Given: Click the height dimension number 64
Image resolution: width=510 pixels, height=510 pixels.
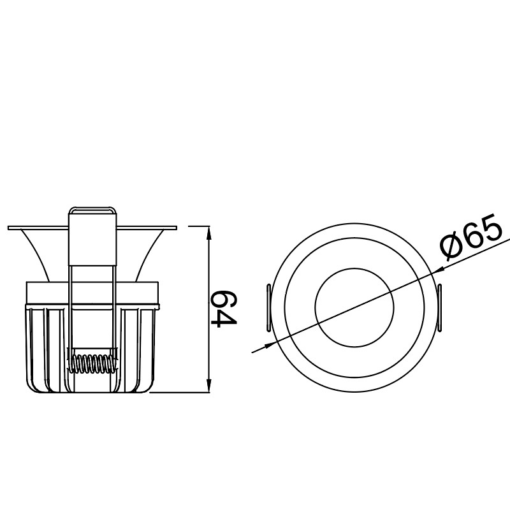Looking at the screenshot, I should pyautogui.click(x=223, y=309).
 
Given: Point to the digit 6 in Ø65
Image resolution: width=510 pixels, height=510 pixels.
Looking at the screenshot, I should pyautogui.click(x=472, y=237).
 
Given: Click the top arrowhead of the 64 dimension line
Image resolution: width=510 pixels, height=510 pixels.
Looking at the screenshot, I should pyautogui.click(x=210, y=230).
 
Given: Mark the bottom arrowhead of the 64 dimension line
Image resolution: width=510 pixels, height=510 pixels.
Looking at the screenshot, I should pyautogui.click(x=210, y=388).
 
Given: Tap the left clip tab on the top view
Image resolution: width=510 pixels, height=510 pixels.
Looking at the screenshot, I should pyautogui.click(x=268, y=308).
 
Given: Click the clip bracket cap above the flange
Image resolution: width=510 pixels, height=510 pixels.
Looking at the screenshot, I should pyautogui.click(x=92, y=210).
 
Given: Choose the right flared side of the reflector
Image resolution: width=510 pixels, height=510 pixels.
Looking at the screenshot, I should pyautogui.click(x=150, y=255).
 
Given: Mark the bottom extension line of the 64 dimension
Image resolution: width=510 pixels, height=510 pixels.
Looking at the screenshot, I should pyautogui.click(x=182, y=393).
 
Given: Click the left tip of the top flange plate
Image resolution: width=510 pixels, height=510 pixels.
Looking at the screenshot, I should pyautogui.click(x=10, y=228).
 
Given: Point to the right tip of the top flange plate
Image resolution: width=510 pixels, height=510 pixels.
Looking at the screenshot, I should pyautogui.click(x=175, y=228).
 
